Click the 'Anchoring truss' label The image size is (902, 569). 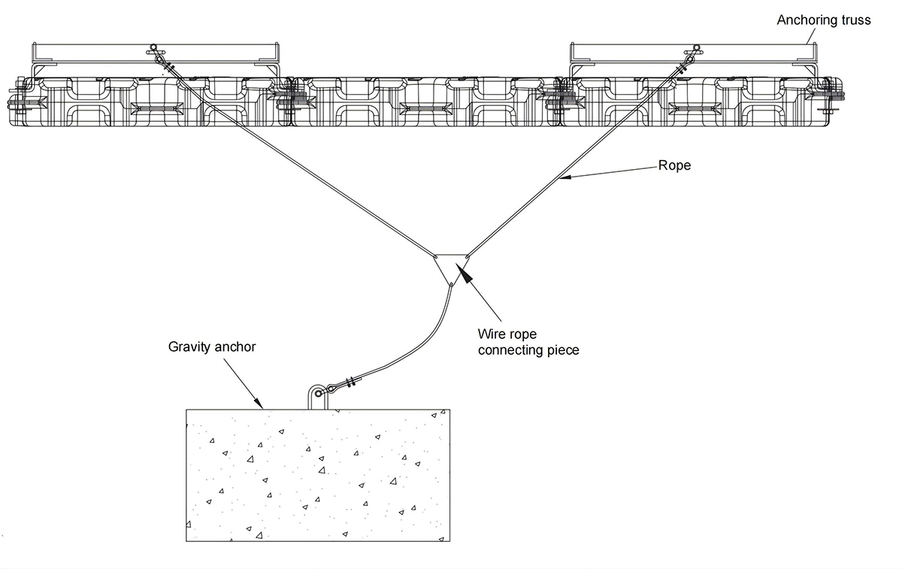824,20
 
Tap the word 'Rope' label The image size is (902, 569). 674,165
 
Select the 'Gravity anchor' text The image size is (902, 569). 212,347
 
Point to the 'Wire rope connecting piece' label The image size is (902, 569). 528,342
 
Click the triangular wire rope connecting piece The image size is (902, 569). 452,268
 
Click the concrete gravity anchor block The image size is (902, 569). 318,475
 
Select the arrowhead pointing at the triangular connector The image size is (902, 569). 464,273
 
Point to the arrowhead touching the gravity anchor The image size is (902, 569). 259,404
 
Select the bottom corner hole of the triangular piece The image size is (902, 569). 451,284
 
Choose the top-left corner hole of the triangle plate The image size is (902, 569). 436,256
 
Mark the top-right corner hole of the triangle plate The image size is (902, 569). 467,256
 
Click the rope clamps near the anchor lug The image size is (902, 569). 351,381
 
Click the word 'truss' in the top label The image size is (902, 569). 854,20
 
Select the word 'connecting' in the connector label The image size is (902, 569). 510,350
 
